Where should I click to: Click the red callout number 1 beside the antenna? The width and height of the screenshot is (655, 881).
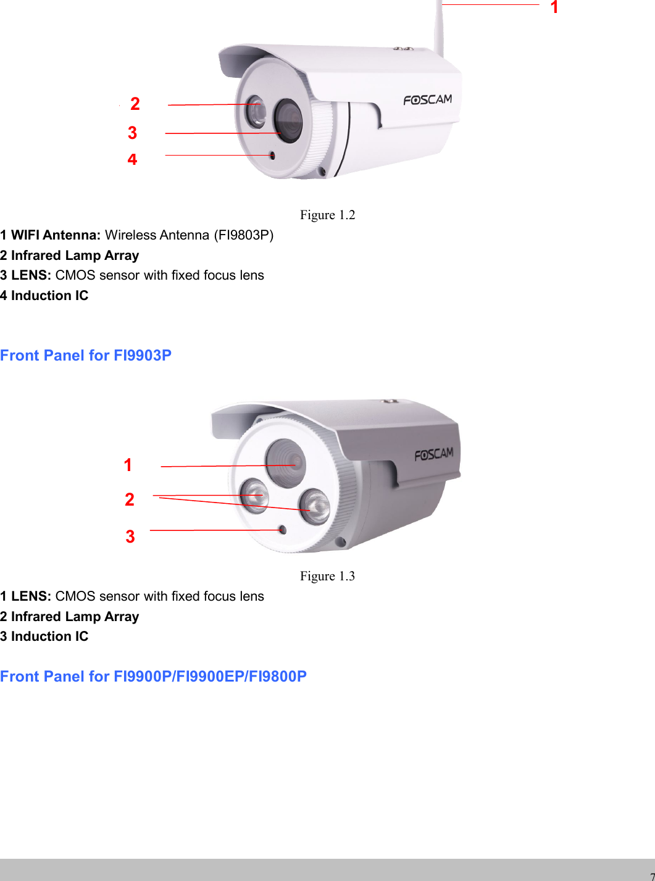tap(554, 7)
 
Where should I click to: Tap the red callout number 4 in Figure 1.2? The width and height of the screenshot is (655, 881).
tap(132, 159)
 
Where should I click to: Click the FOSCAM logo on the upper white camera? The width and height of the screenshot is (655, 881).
tap(428, 99)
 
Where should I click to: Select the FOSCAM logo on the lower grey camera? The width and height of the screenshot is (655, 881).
tap(434, 454)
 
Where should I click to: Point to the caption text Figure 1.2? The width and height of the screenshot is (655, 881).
tap(327, 215)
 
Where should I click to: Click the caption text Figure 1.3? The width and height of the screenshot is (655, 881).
tap(327, 576)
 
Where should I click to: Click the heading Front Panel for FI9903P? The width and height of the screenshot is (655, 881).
tap(86, 356)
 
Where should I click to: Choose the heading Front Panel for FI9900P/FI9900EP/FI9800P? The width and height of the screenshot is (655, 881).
tap(153, 677)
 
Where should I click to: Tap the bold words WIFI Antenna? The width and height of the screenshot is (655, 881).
tap(56, 235)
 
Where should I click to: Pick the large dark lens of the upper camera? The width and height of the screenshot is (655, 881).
tap(288, 119)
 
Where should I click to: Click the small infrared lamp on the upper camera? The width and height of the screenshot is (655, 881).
tap(255, 112)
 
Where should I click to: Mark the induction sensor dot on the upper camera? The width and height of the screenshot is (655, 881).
tap(272, 155)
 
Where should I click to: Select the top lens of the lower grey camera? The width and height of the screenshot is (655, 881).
tap(286, 462)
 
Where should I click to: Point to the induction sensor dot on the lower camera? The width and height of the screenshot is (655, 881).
tap(282, 530)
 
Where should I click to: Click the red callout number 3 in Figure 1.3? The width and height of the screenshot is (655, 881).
tap(130, 537)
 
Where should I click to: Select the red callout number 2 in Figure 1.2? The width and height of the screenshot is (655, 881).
tap(135, 104)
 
